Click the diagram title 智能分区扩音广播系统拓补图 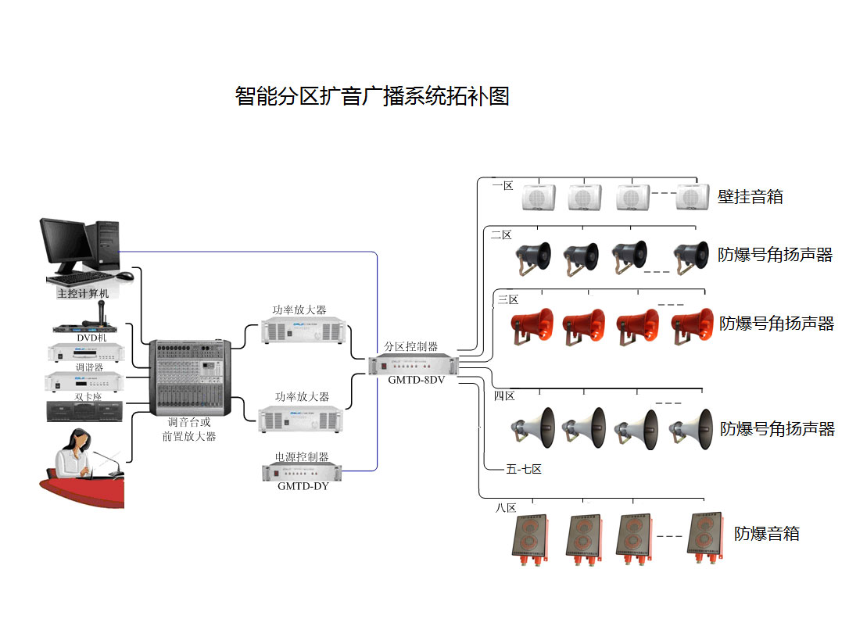[x=372, y=96]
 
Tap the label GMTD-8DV [x=414, y=381]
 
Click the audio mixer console [x=190, y=377]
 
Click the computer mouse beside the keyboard [x=125, y=276]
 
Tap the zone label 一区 [x=503, y=186]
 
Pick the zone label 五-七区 [x=524, y=469]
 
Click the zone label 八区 [x=506, y=508]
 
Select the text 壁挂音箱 [x=750, y=196]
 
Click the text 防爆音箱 [x=766, y=534]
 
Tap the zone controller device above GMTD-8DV [x=414, y=364]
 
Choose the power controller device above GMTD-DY [x=302, y=471]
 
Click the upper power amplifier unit [x=303, y=331]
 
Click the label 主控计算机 [x=83, y=294]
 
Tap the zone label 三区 [x=508, y=299]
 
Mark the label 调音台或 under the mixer [x=189, y=422]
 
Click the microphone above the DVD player [x=101, y=313]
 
